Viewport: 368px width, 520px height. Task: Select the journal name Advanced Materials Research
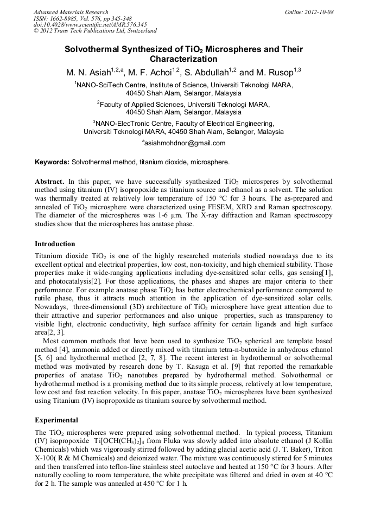(x=71, y=12)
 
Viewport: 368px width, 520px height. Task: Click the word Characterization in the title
(x=183, y=59)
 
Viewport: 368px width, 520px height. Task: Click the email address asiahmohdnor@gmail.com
(x=185, y=143)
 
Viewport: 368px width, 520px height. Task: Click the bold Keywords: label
(x=52, y=162)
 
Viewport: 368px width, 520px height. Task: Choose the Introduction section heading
(x=55, y=244)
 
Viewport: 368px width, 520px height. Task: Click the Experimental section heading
(x=56, y=420)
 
